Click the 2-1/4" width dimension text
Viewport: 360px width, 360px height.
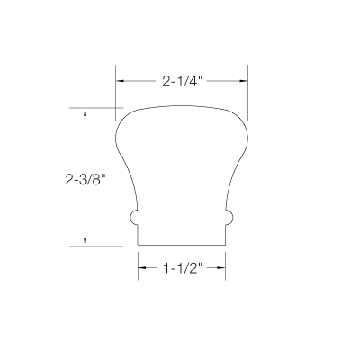[x=183, y=80]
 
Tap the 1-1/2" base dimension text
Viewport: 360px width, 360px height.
[x=181, y=267]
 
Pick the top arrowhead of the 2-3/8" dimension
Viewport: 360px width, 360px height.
[x=85, y=114]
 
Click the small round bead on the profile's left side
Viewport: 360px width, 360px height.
[x=133, y=218]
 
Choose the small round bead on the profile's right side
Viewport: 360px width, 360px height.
[x=229, y=218]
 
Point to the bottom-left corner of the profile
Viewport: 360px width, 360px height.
[x=138, y=246]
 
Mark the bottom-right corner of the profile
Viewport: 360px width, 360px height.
[x=225, y=246]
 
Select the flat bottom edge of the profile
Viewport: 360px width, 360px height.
[x=181, y=246]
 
